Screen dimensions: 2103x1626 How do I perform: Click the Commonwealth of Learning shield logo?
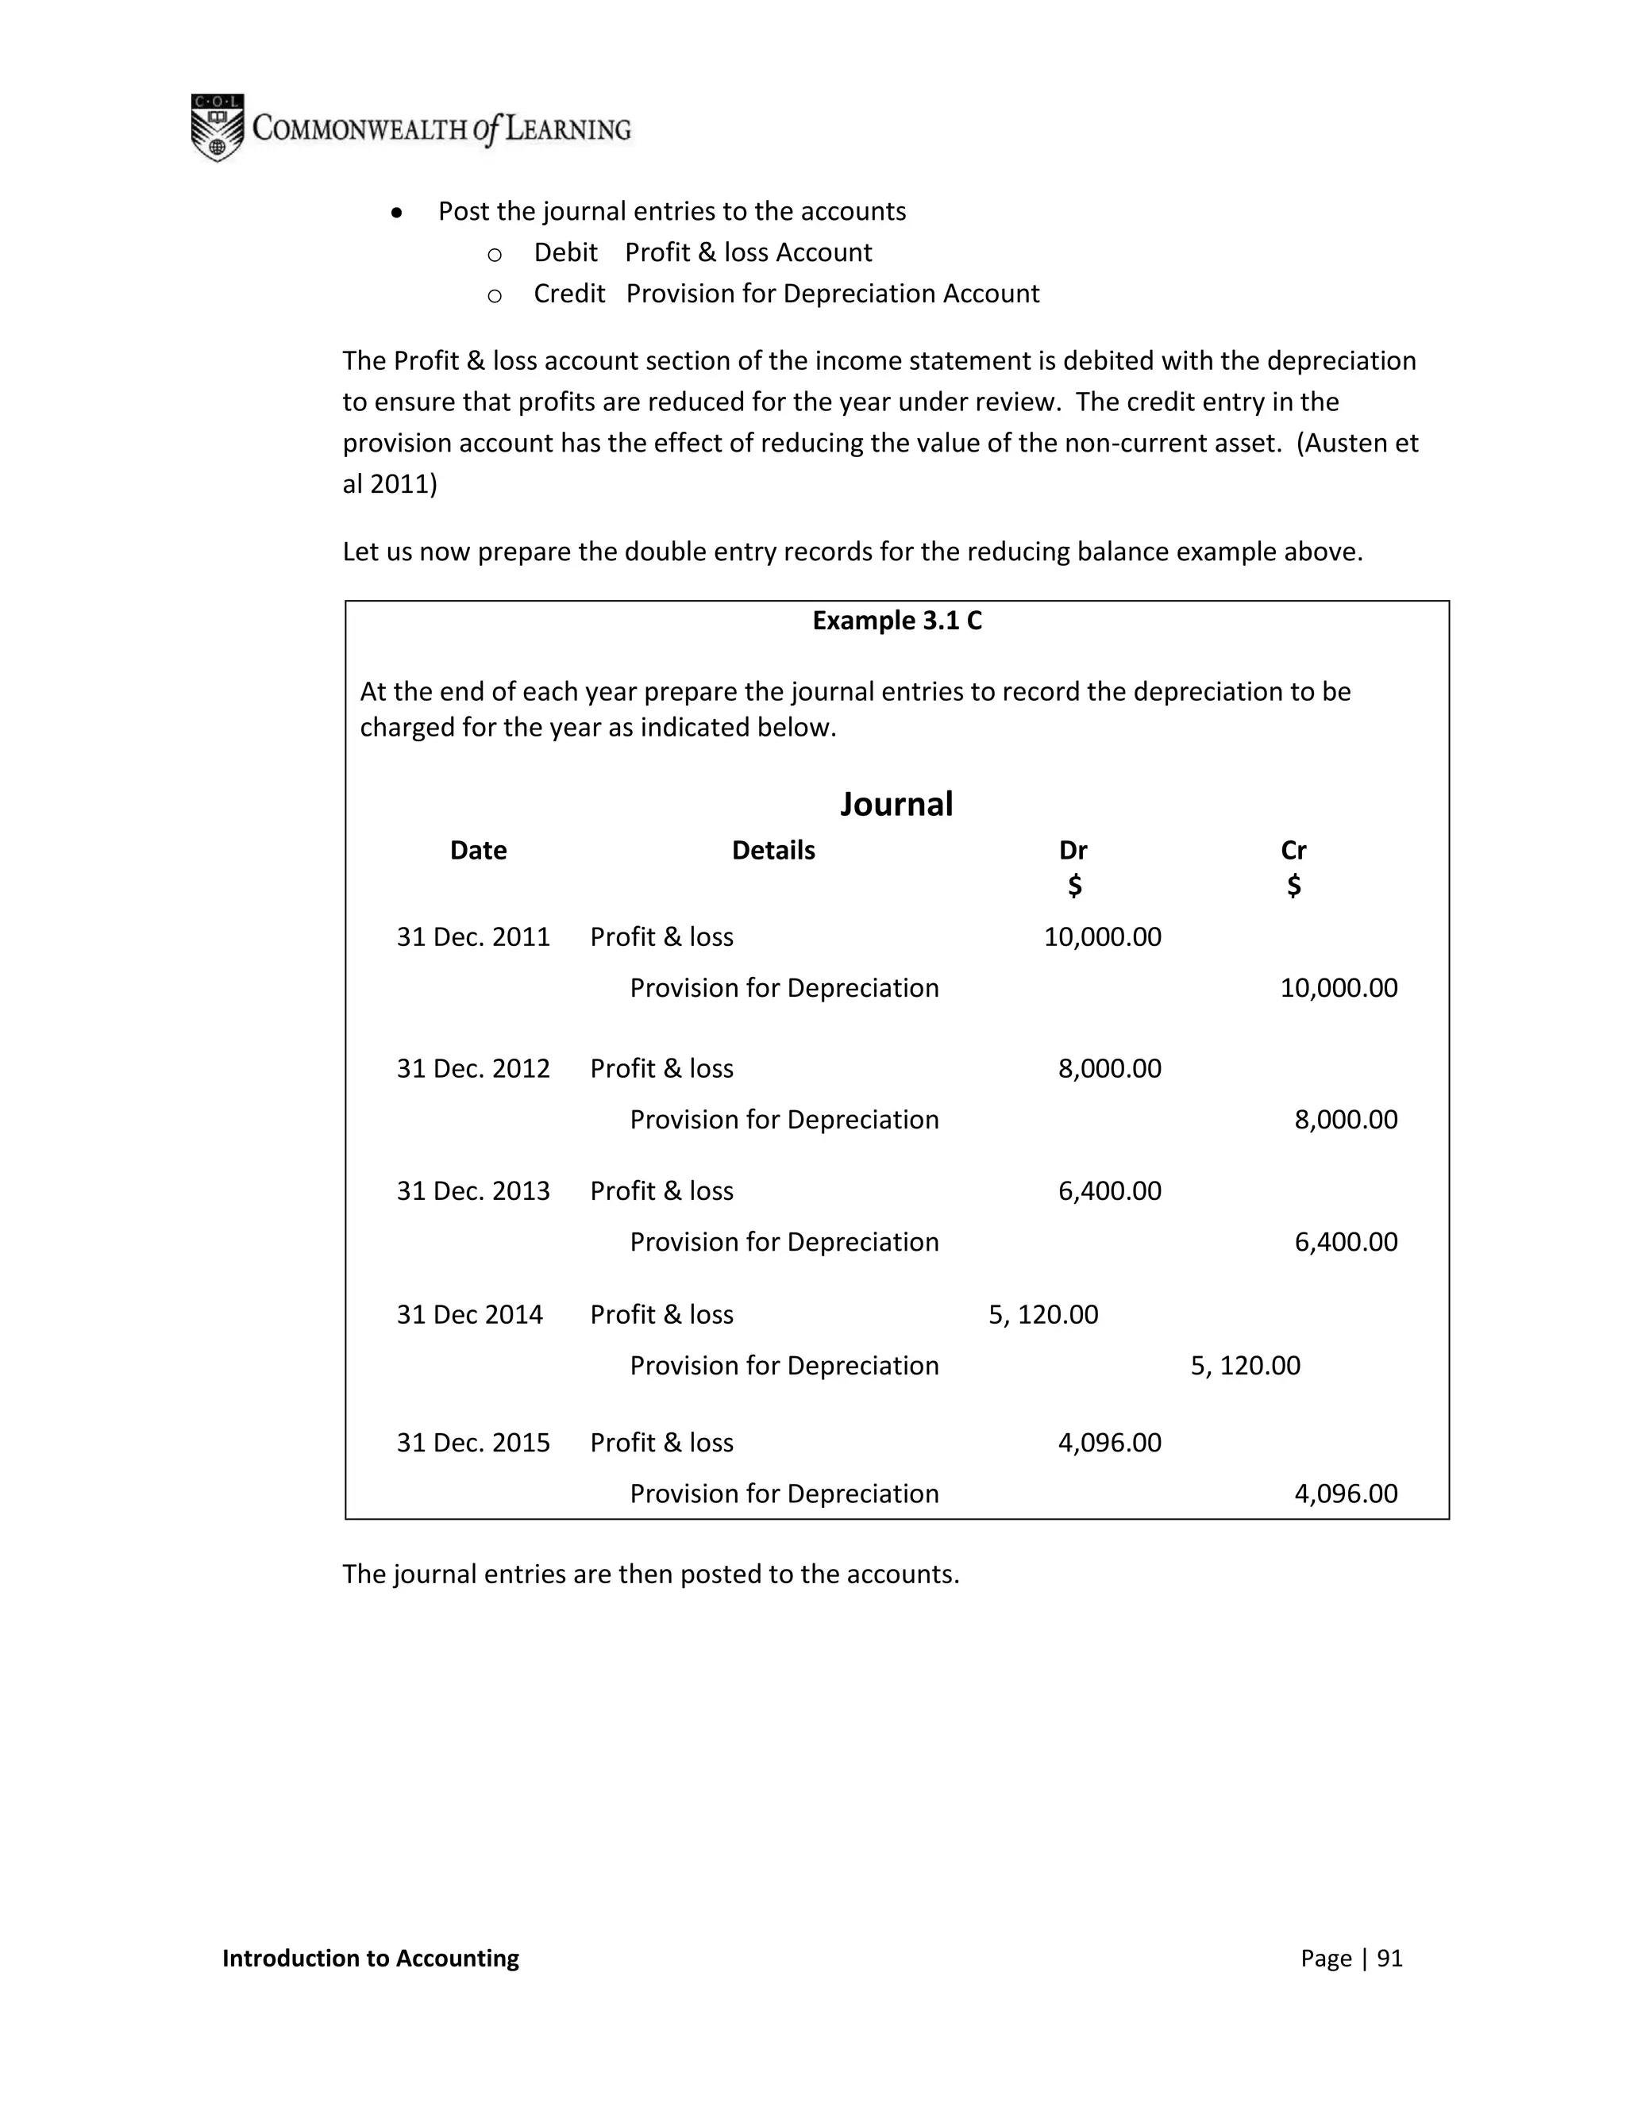pos(217,127)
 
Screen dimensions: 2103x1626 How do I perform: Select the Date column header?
pos(478,850)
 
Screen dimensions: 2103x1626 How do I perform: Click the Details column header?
pos(773,850)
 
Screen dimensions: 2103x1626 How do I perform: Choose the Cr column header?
pos(1293,850)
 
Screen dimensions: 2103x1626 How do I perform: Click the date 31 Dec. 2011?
pos(473,937)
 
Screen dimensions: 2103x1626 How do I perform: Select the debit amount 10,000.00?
pos(1102,937)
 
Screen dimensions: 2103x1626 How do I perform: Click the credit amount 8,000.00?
pos(1345,1120)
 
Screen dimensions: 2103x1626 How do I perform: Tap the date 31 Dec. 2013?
pos(473,1191)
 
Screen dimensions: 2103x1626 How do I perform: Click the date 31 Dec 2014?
pos(469,1314)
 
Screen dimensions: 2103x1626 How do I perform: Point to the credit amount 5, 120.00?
pos(1245,1366)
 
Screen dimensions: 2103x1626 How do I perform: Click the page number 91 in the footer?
pos(1389,1958)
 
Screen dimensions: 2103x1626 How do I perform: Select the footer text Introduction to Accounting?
pos(370,1958)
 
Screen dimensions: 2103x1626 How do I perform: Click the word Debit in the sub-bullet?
pos(565,252)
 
